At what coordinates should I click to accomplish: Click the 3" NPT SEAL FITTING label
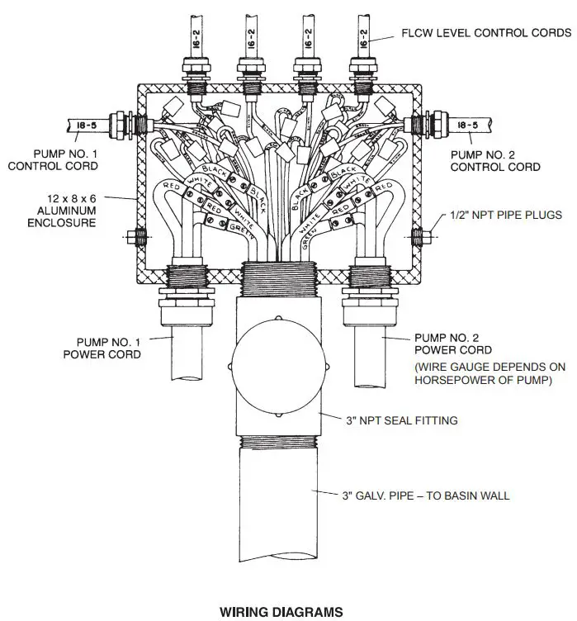(401, 420)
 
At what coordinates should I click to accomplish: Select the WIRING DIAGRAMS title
(280, 612)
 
